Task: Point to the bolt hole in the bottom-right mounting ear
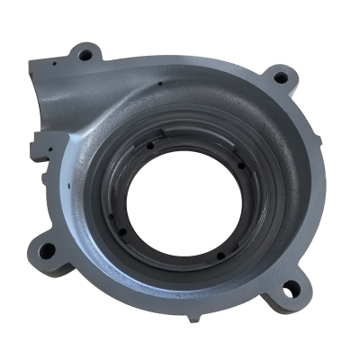pyautogui.click(x=289, y=287)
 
